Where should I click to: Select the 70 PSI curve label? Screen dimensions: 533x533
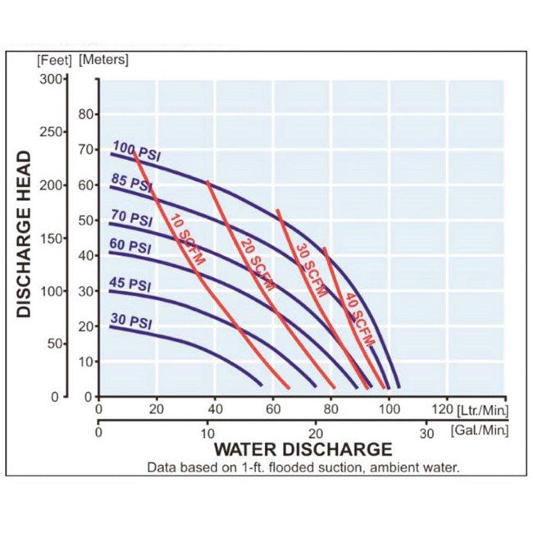click(130, 219)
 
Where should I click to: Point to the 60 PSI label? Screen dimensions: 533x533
click(130, 247)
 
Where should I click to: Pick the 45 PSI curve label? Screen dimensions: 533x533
click(130, 285)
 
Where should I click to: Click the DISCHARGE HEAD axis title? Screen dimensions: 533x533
click(24, 234)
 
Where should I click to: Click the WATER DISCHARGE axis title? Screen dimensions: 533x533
click(303, 449)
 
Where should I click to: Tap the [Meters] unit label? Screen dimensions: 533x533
click(103, 59)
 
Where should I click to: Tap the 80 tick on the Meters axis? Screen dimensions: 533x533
click(87, 114)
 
